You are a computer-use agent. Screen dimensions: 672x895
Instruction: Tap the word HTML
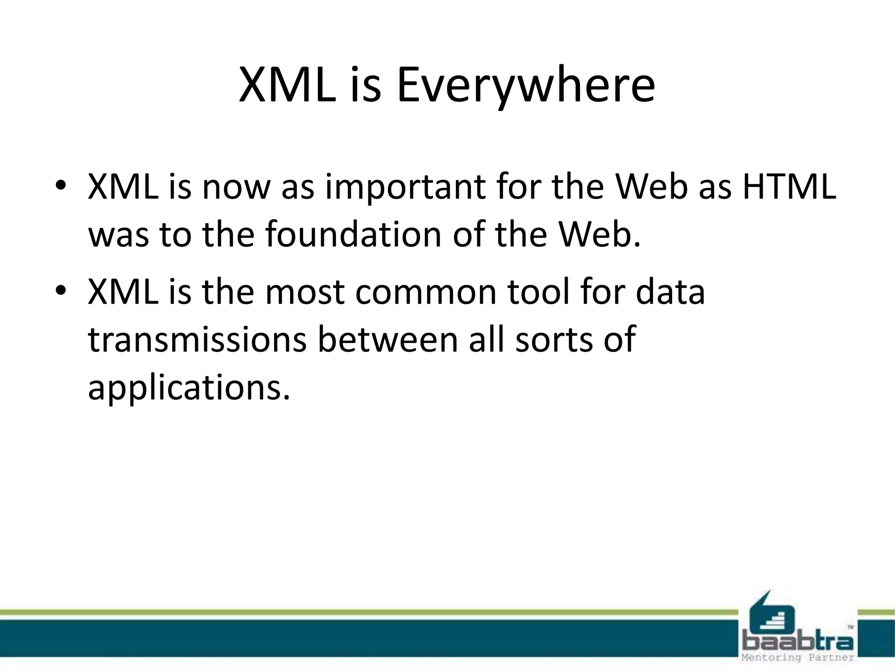tap(789, 187)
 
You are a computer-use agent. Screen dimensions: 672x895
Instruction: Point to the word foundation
tap(353, 234)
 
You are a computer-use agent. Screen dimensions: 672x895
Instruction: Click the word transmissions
tap(197, 339)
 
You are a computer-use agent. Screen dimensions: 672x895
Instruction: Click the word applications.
tap(189, 388)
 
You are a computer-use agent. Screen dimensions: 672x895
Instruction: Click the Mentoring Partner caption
tap(798, 658)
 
